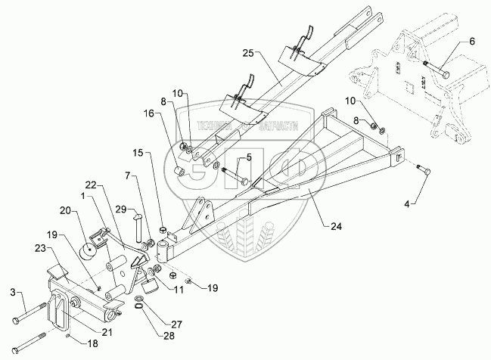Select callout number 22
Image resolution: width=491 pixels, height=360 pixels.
tap(91, 185)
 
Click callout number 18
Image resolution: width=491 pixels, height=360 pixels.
tap(92, 343)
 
